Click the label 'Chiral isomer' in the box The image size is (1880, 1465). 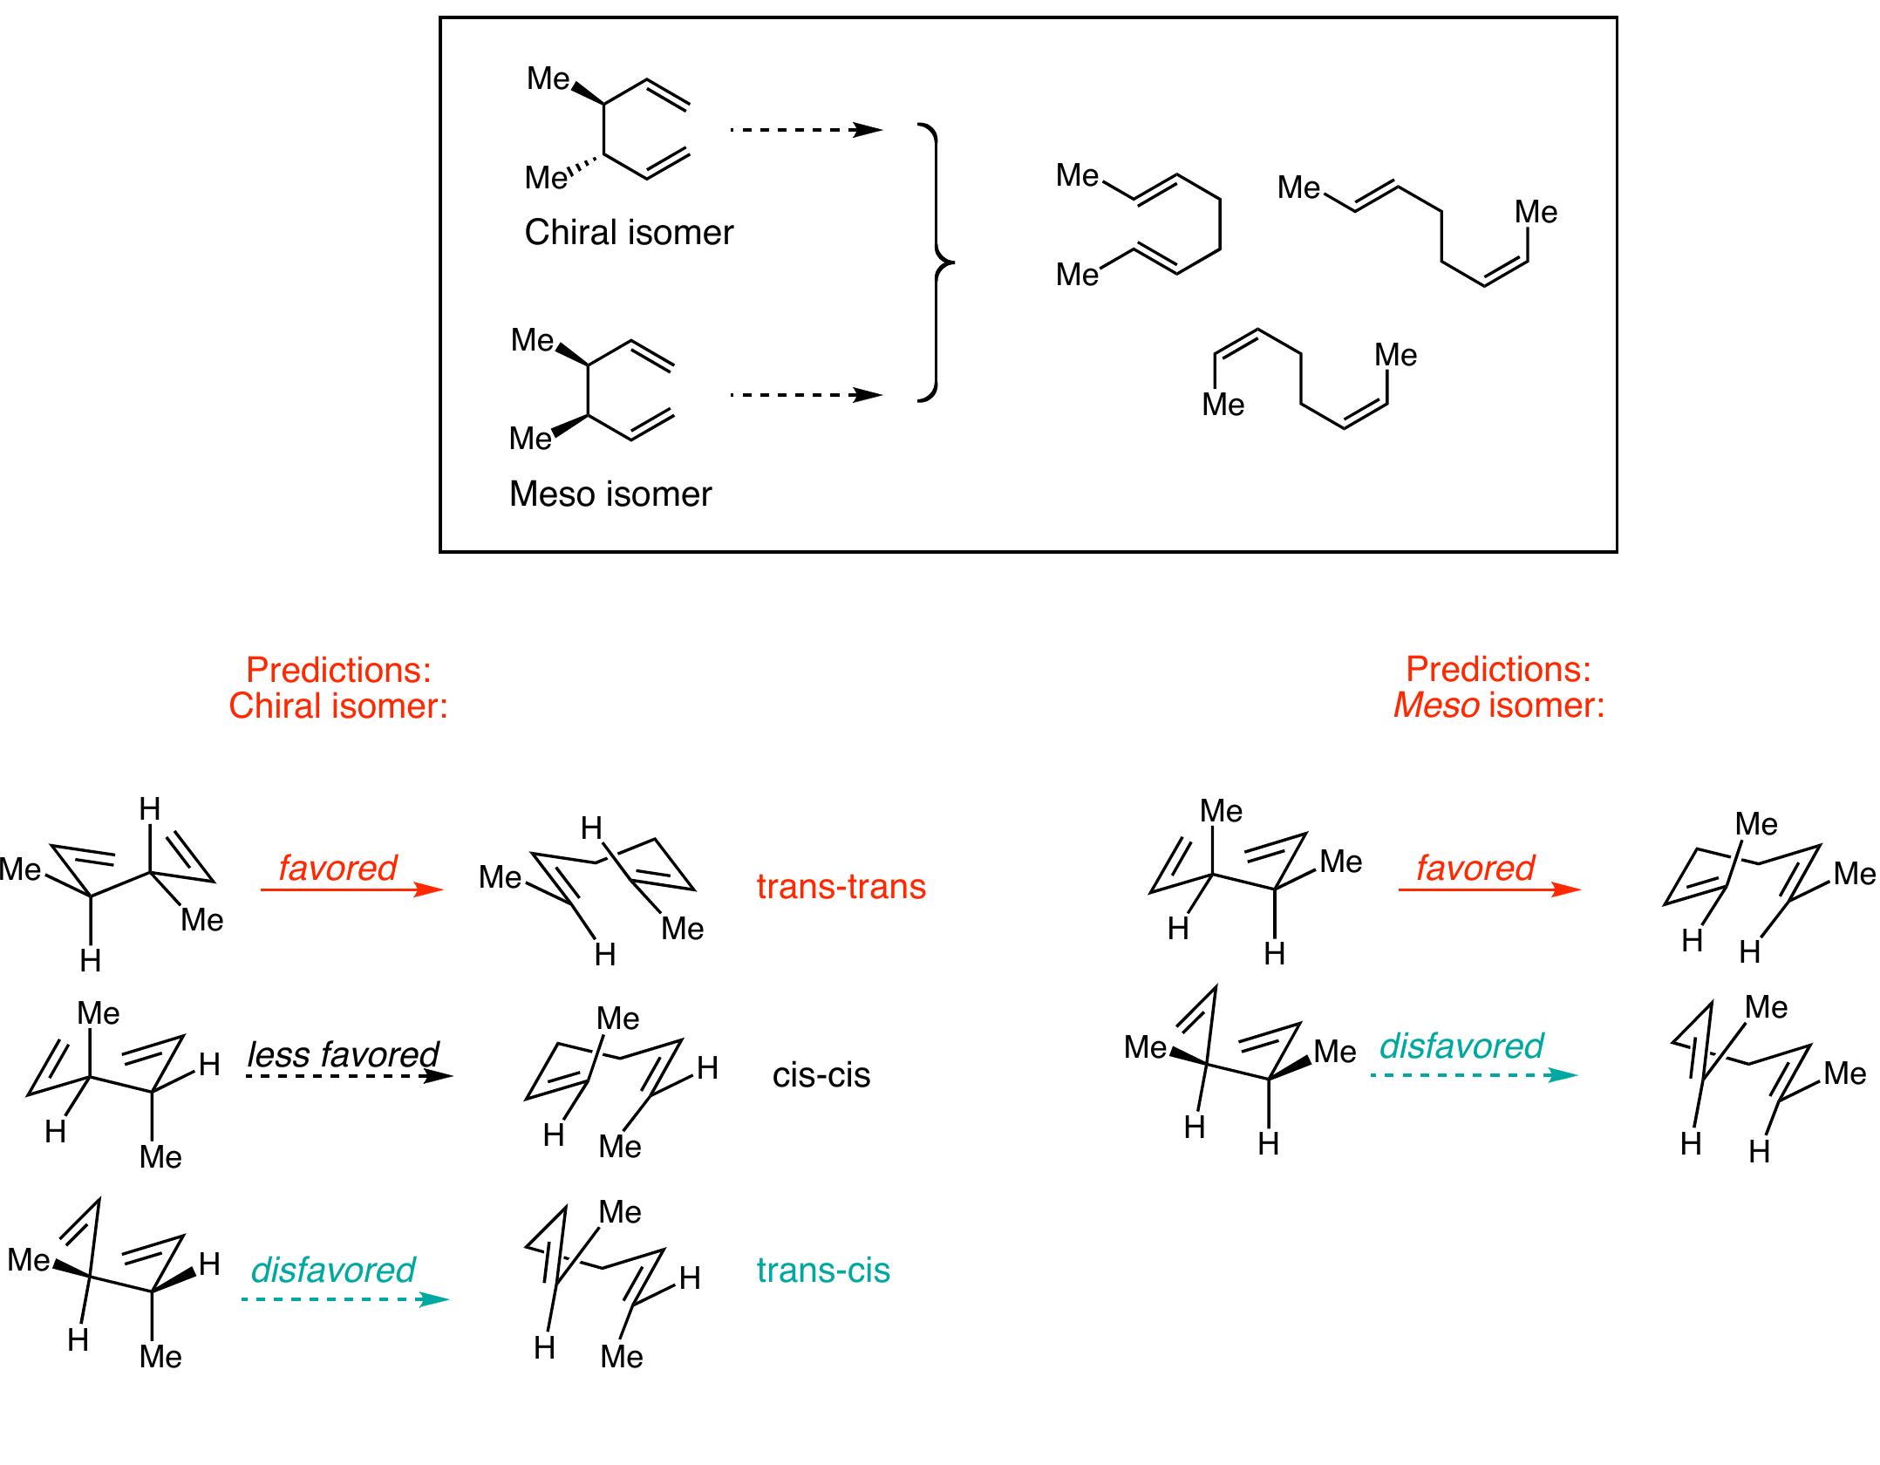click(629, 233)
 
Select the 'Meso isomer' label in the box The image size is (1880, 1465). click(610, 494)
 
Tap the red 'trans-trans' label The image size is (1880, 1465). click(841, 886)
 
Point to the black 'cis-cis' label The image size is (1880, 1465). click(821, 1075)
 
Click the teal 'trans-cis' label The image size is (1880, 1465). click(823, 1271)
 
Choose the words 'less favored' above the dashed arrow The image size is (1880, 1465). click(344, 1055)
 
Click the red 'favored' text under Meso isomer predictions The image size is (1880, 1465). click(1475, 868)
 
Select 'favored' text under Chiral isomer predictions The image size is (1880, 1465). click(337, 868)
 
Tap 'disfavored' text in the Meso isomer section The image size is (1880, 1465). click(1461, 1046)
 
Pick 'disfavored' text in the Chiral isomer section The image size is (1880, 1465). click(333, 1270)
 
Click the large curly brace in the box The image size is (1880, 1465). click(937, 262)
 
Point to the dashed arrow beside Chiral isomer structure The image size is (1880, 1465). click(807, 131)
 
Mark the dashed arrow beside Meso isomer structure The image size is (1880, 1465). click(807, 395)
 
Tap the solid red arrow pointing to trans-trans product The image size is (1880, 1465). click(352, 889)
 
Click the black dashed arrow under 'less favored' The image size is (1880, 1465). click(349, 1076)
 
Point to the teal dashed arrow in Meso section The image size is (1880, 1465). click(1475, 1075)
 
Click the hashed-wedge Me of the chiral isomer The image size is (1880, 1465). click(547, 178)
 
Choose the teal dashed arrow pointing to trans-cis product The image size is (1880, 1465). click(345, 1299)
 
